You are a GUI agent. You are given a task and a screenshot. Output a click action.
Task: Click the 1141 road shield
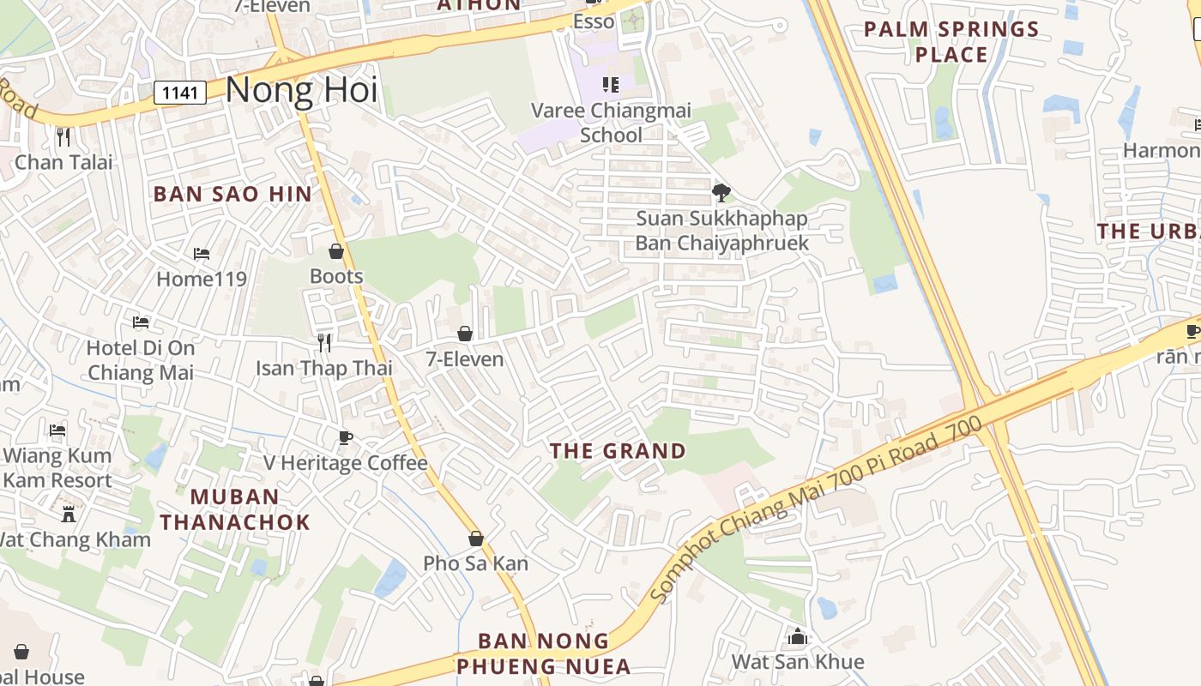[180, 93]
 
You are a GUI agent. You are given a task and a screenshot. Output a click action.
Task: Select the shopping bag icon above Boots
[336, 251]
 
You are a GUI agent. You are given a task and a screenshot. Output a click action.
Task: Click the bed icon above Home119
[202, 254]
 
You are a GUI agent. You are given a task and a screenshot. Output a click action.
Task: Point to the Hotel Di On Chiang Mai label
[141, 360]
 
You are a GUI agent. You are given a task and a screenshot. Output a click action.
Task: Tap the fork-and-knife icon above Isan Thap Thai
[324, 343]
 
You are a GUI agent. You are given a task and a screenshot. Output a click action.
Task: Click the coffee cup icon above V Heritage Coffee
[345, 438]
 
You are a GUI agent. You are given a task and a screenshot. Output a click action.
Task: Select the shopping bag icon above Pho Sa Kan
[476, 539]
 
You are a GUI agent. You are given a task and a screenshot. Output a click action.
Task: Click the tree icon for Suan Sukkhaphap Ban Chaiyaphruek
[721, 192]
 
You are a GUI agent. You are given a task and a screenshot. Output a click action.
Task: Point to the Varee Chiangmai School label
[611, 123]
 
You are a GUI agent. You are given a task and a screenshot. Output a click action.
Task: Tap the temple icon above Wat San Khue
[798, 637]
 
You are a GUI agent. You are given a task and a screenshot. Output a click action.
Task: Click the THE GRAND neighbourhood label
[618, 451]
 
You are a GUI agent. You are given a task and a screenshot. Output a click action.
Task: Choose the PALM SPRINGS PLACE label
[951, 41]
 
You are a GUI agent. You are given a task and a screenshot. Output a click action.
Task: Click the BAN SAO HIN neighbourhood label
[232, 194]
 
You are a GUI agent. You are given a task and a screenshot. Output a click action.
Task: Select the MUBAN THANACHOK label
[234, 508]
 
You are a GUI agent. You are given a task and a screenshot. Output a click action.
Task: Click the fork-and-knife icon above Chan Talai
[63, 136]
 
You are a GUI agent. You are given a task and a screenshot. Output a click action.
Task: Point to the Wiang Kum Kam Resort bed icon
[57, 430]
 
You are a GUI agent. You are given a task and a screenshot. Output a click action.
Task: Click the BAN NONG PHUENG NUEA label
[543, 653]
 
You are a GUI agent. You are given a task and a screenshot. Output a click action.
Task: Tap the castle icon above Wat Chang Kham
[69, 514]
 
